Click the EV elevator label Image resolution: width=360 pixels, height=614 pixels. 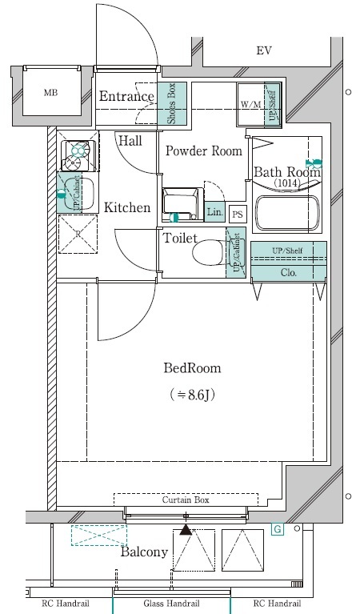[264, 51]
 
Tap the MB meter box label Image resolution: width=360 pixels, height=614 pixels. [50, 93]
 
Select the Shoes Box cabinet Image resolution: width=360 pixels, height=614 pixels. [172, 103]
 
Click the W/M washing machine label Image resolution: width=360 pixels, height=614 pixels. [250, 105]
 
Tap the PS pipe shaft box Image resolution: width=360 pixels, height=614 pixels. [237, 215]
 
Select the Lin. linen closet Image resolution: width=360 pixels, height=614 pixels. [215, 212]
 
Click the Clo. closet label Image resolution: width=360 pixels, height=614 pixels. [289, 272]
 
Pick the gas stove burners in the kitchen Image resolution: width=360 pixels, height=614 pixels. [78, 156]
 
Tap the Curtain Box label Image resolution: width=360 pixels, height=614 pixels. [186, 500]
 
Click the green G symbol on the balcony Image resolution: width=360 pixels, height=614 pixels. [278, 530]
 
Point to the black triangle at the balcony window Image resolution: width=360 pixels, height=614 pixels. [186, 530]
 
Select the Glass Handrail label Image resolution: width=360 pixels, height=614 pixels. [171, 604]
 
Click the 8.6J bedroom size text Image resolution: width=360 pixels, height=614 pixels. [192, 395]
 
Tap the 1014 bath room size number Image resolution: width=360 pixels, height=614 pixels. [287, 183]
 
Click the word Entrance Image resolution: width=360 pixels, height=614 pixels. [126, 96]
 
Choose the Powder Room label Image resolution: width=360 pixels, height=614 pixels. [204, 150]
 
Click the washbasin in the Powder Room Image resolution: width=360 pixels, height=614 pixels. [182, 204]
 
